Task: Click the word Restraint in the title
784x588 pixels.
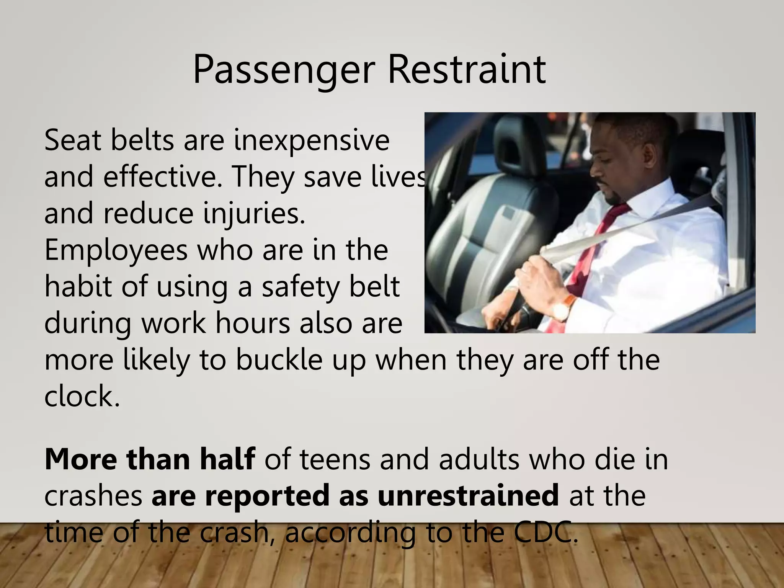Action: pos(467,70)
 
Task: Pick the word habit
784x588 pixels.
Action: pos(78,286)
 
